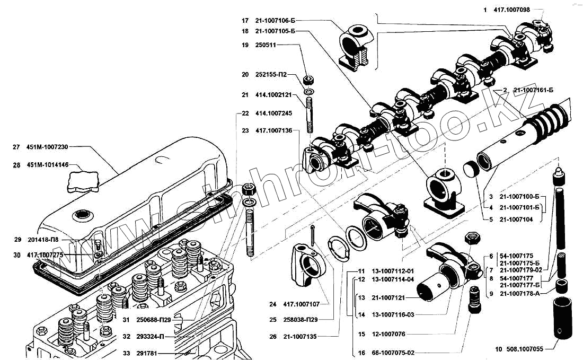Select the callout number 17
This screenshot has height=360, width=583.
click(245, 20)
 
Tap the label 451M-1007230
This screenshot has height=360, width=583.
click(48, 147)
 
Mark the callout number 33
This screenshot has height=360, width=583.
click(126, 353)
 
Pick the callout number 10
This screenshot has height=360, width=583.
click(498, 349)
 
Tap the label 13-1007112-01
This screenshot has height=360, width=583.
click(393, 271)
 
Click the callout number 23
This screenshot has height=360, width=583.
click(245, 130)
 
